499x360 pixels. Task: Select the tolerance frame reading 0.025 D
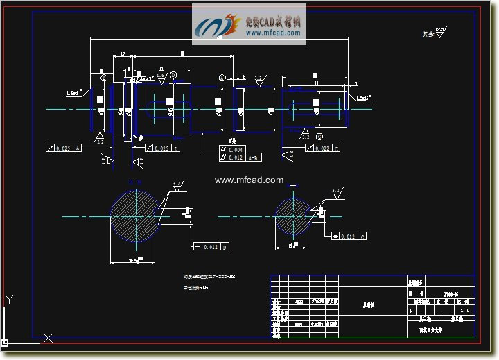point(161,148)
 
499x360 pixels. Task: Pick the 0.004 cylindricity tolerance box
point(233,150)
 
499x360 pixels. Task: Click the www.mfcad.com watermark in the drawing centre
point(249,180)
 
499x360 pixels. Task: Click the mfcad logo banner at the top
point(249,24)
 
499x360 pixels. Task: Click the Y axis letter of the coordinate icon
point(9,300)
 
